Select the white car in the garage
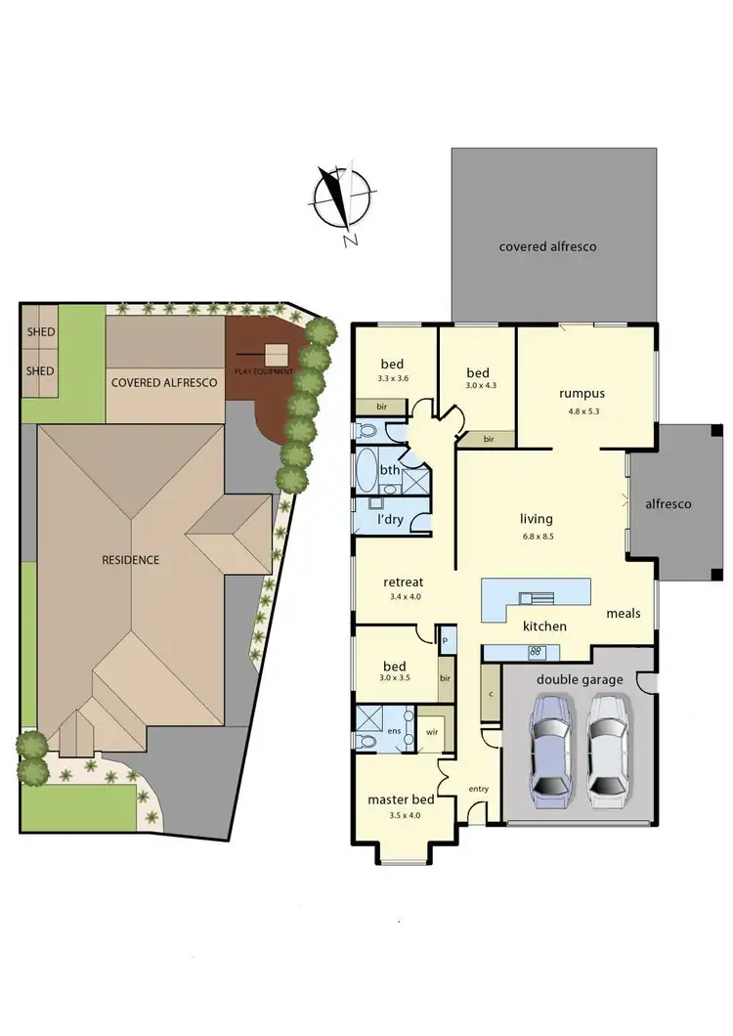click(609, 746)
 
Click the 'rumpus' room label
click(576, 394)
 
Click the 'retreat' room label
click(403, 582)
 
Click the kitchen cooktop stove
click(536, 652)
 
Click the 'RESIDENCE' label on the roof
click(130, 560)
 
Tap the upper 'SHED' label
click(40, 331)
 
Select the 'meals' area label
click(623, 613)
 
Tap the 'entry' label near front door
click(478, 790)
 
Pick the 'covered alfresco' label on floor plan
click(547, 247)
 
